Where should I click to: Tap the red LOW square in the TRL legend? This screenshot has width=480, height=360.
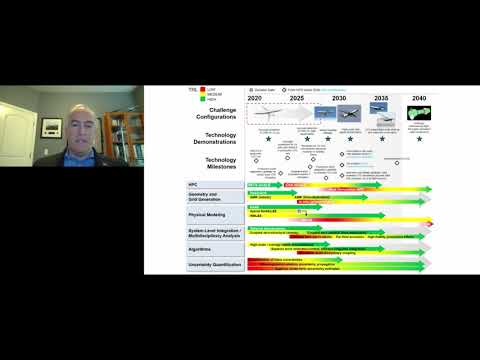click(176, 89)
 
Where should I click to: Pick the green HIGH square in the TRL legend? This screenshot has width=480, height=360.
click(176, 99)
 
